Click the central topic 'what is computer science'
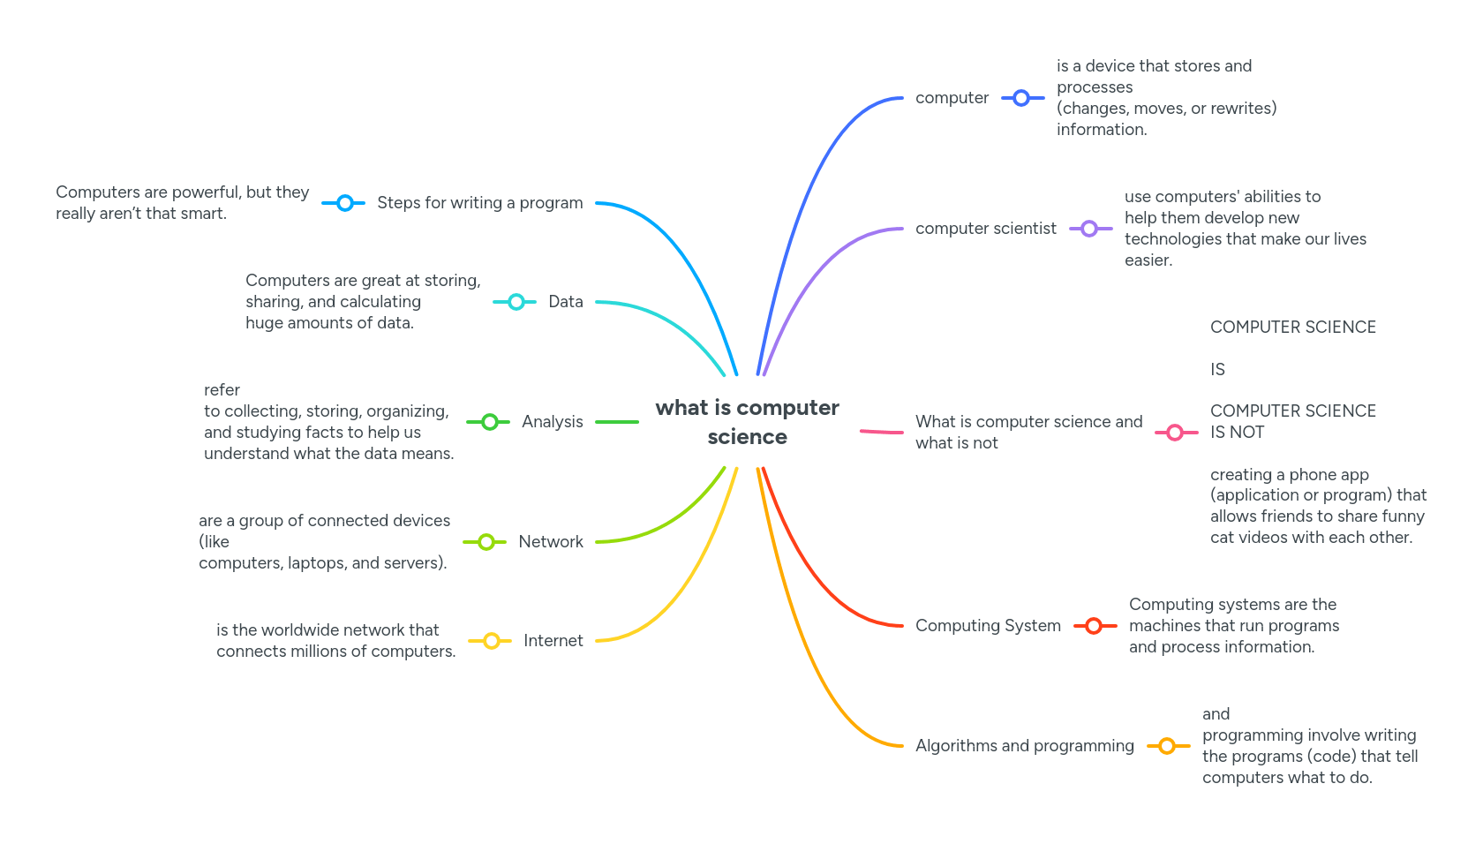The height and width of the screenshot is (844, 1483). pos(747,422)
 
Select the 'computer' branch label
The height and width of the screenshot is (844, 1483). pos(952,98)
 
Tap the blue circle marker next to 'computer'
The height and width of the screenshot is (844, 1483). pos(1021,98)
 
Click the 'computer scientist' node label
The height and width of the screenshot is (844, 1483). pos(985,229)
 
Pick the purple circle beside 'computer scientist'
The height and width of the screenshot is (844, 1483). pos(1089,229)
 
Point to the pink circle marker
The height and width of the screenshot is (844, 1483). pos(1175,433)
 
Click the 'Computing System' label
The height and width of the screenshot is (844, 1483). pos(988,626)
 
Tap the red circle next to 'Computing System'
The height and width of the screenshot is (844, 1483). pos(1094,626)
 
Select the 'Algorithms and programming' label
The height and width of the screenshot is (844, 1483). pos(1024,746)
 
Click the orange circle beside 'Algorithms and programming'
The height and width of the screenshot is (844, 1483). pos(1167,746)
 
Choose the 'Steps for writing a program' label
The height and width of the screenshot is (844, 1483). pos(479,203)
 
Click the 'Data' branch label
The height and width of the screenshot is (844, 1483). pos(565,302)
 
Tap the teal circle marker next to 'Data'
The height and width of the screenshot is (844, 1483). pos(516,302)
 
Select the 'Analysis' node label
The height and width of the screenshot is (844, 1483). pos(552,422)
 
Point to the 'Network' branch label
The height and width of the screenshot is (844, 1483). pos(550,542)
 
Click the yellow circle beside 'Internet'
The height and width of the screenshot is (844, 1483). pos(492,641)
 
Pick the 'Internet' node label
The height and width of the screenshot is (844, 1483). pos(553,641)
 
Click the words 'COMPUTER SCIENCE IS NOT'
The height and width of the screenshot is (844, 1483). pos(1292,421)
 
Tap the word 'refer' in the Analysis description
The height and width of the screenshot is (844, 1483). pos(222,390)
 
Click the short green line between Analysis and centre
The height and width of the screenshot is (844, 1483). pos(617,422)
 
